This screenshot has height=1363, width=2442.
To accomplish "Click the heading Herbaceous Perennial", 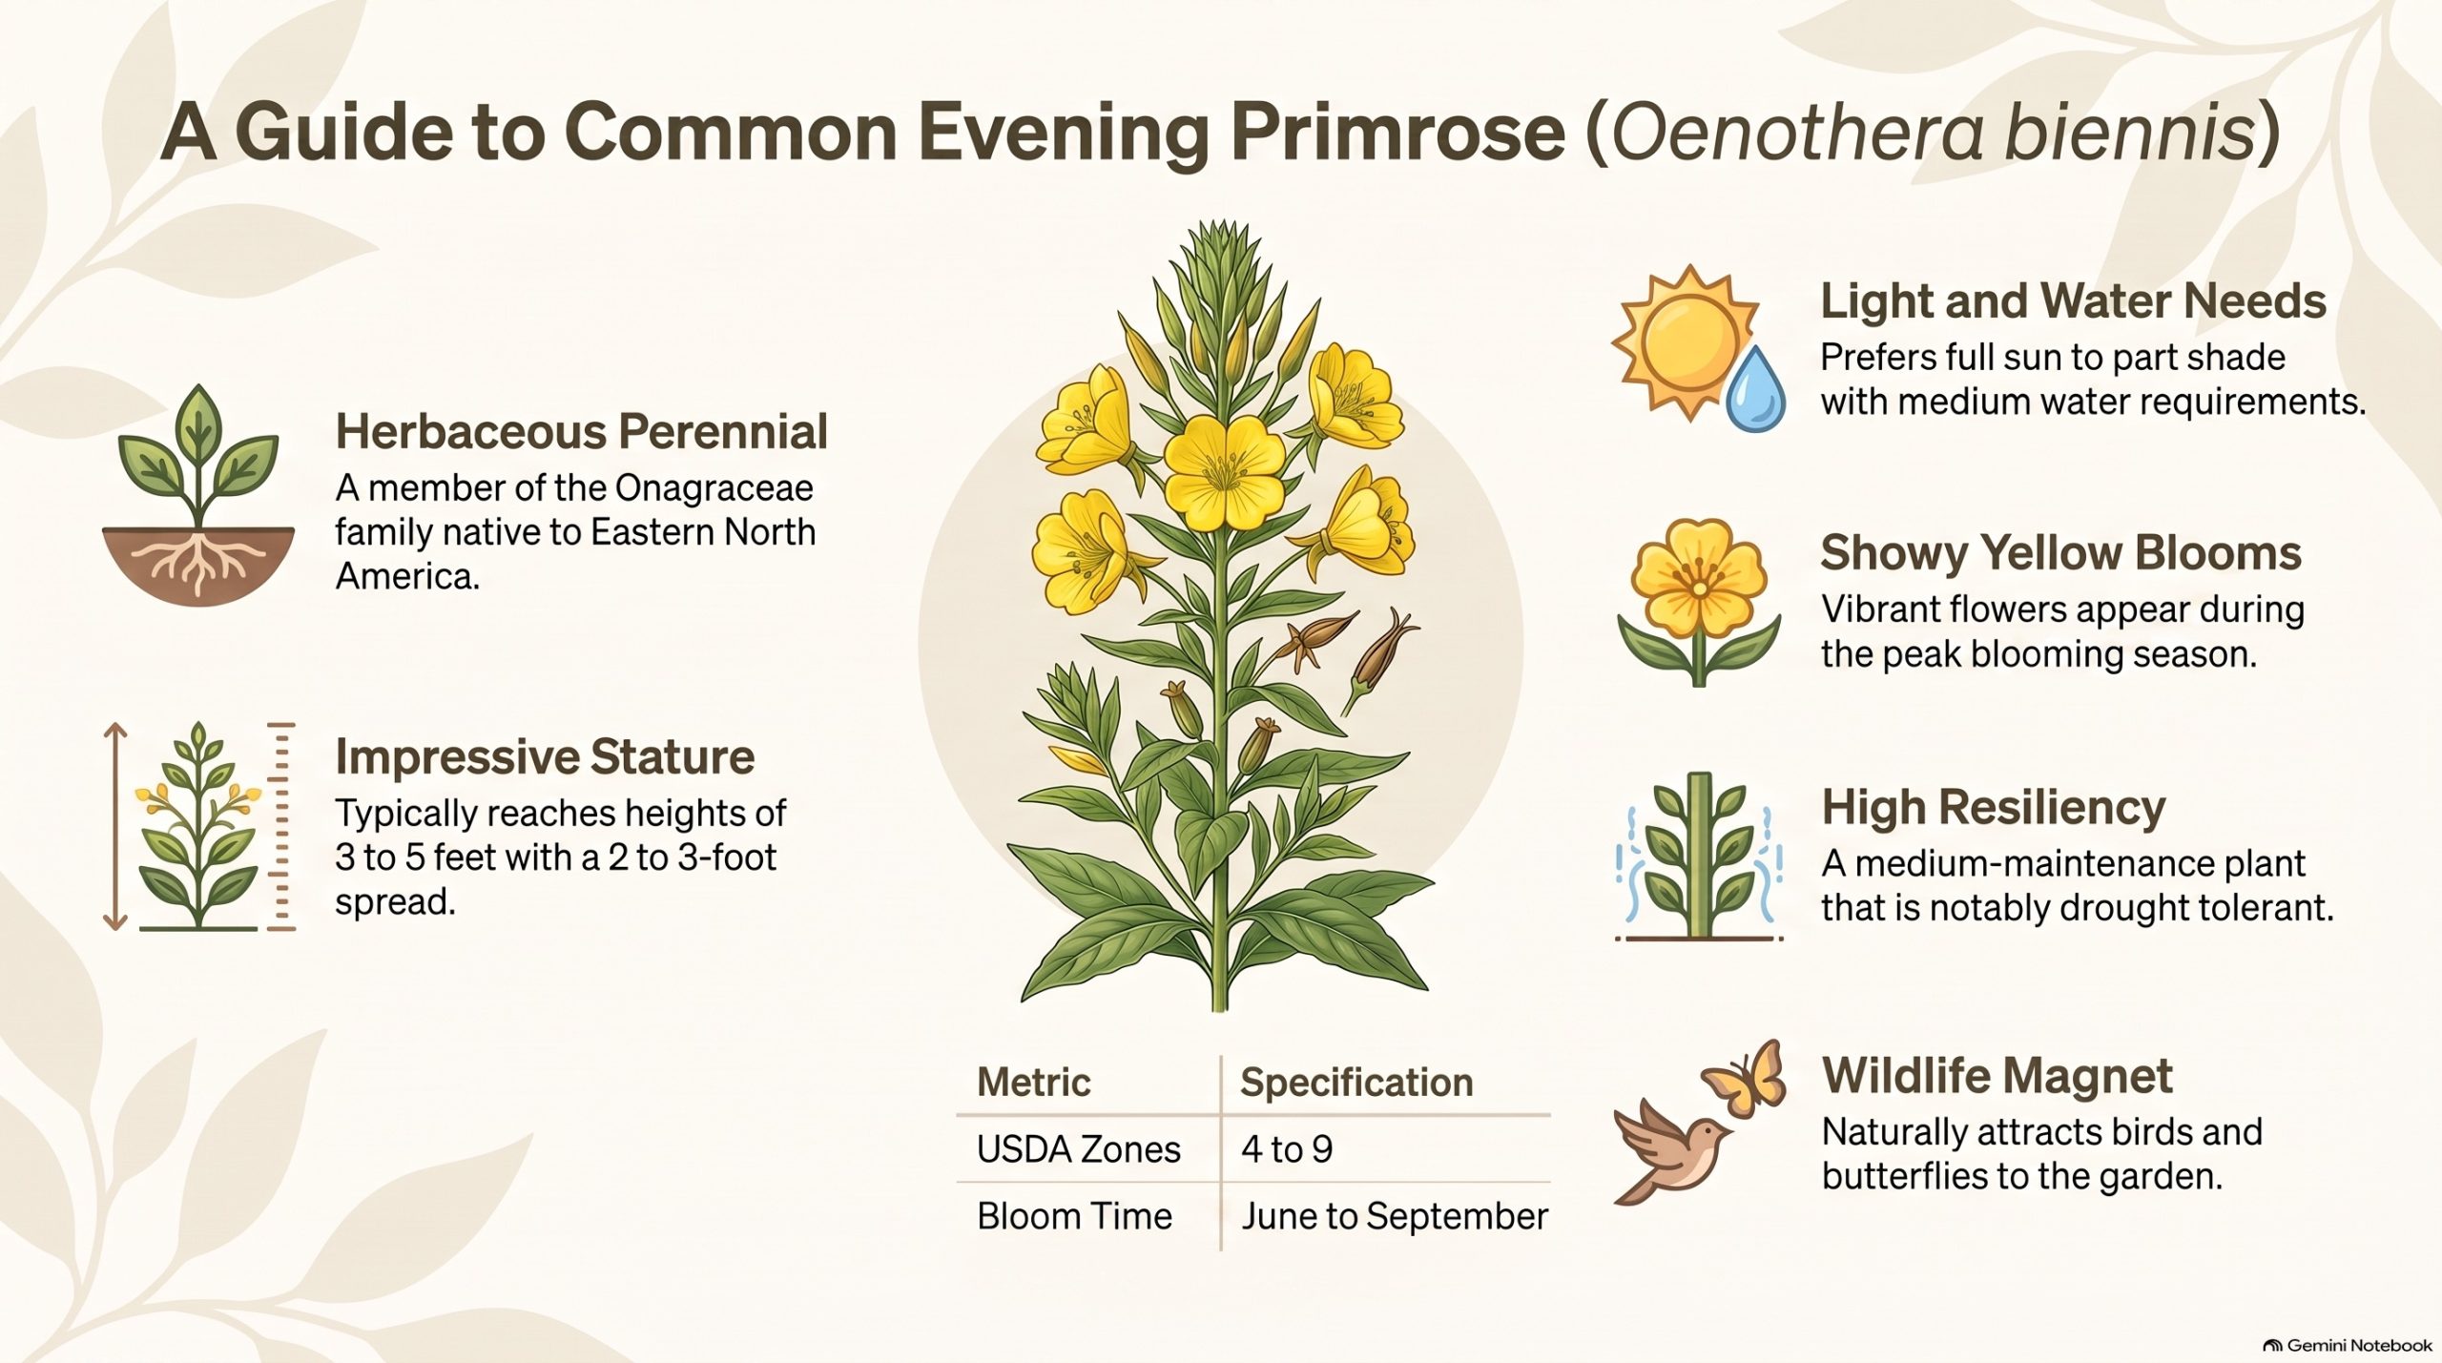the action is (581, 432).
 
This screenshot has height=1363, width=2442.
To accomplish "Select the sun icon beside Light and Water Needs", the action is (1683, 342).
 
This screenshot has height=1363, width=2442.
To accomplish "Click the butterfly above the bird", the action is (1745, 1078).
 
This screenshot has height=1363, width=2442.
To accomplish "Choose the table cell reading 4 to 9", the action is (1287, 1149).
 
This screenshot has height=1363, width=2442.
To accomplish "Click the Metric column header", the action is (1034, 1083).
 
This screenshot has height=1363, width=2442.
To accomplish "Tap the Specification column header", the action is (1356, 1084).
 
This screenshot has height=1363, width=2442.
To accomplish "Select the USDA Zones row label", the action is (1079, 1149).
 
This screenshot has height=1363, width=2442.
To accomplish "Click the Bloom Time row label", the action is (1075, 1216).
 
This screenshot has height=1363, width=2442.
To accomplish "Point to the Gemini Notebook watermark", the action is (2349, 1345).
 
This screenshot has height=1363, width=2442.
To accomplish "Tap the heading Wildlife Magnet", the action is (1997, 1076).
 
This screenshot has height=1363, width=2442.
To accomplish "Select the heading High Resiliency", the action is (1994, 808).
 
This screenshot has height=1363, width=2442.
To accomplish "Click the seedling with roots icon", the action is (198, 495).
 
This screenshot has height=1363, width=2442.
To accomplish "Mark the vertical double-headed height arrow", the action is (115, 826).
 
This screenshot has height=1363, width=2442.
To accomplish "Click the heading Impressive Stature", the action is (545, 757).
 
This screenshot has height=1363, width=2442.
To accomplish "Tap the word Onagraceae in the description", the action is (714, 488).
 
